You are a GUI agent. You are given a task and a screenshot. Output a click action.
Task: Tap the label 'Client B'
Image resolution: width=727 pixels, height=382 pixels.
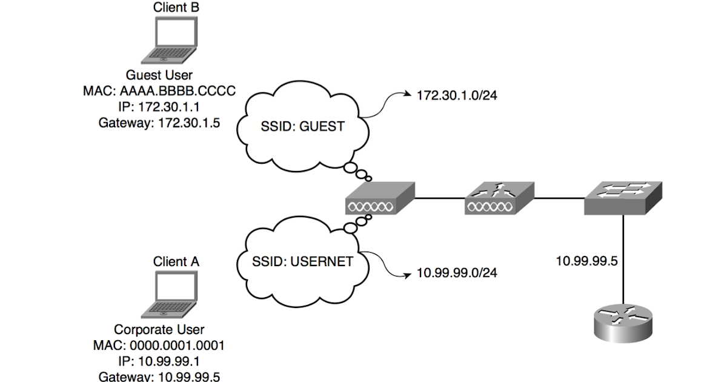(x=176, y=8)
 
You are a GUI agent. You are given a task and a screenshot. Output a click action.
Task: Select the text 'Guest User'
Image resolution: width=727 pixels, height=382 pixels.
(x=159, y=76)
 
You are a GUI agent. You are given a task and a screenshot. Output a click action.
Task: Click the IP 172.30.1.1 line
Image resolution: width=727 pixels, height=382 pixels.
(x=159, y=107)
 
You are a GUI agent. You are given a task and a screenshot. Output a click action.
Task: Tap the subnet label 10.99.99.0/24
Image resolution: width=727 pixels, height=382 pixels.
(x=457, y=273)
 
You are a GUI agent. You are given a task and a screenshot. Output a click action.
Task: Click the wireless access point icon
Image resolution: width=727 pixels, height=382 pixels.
(x=380, y=198)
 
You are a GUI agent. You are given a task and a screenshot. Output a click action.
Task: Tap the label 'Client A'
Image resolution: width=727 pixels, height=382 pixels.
(x=176, y=262)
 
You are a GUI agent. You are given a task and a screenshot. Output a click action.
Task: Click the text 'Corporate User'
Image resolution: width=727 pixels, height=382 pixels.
(x=159, y=330)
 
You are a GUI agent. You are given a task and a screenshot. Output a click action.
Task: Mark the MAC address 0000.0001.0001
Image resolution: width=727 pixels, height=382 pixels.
(x=159, y=346)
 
